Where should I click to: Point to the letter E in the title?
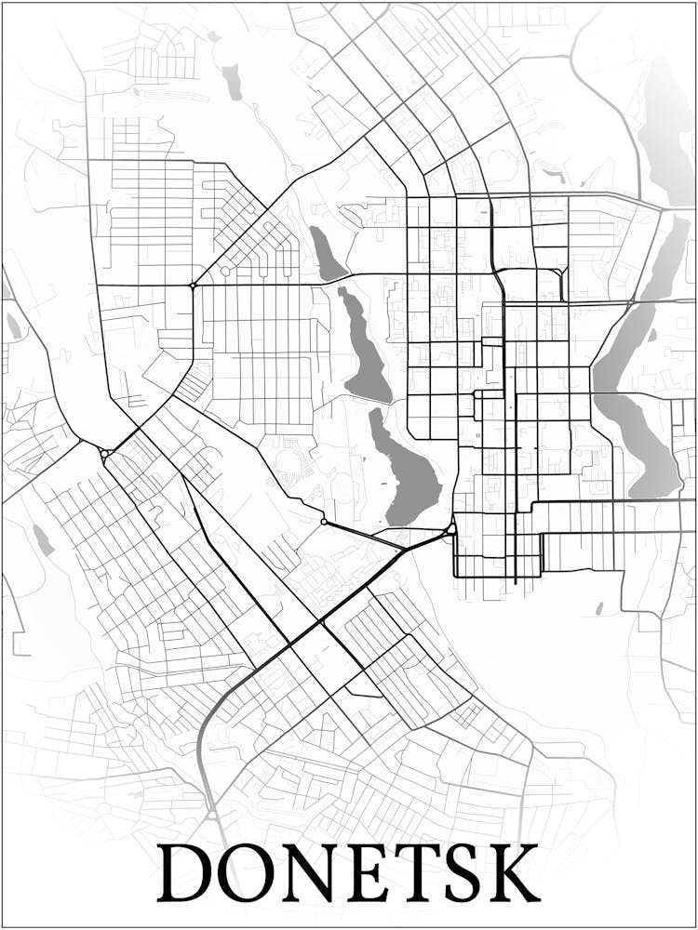point(369,872)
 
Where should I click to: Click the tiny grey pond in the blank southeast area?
point(599,609)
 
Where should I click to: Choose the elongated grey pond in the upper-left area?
point(232,82)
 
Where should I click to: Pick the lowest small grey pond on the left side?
point(42,539)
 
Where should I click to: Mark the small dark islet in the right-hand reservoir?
point(652,335)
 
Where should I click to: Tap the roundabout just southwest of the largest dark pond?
point(323,522)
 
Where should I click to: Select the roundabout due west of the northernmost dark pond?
point(193,285)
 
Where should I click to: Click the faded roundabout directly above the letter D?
point(212,815)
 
